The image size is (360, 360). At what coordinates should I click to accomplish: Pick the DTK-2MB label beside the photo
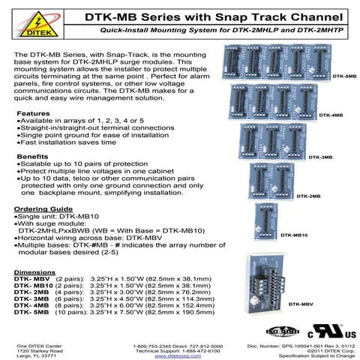click(x=309, y=196)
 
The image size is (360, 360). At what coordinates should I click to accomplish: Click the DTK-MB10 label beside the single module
click(x=294, y=235)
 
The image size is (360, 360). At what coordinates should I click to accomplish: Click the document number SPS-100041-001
click(x=307, y=344)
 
